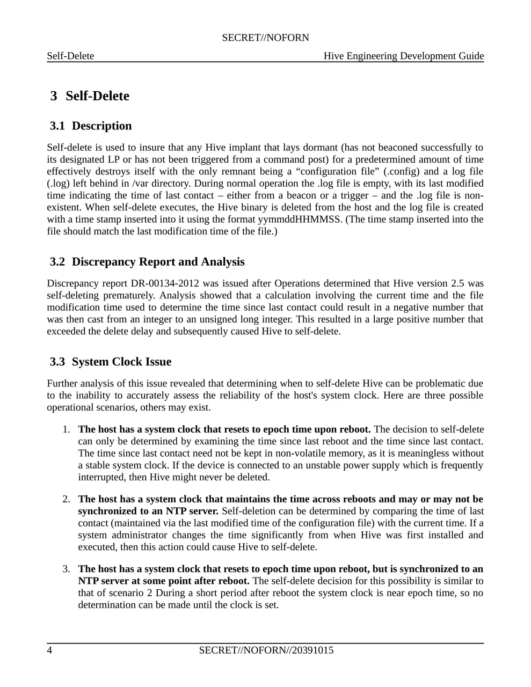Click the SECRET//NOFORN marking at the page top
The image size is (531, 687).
click(265, 38)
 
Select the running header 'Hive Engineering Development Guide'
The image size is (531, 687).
click(403, 56)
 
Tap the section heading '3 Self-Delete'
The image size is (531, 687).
click(90, 96)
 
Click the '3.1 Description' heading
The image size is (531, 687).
click(91, 126)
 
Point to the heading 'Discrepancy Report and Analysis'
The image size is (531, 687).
click(158, 262)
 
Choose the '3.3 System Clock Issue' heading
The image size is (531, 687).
click(111, 362)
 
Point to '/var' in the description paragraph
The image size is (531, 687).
click(142, 184)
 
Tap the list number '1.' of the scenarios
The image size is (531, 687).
click(66, 429)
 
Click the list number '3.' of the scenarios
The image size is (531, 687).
click(66, 569)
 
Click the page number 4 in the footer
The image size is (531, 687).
click(49, 651)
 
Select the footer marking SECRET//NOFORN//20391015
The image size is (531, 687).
click(266, 651)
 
